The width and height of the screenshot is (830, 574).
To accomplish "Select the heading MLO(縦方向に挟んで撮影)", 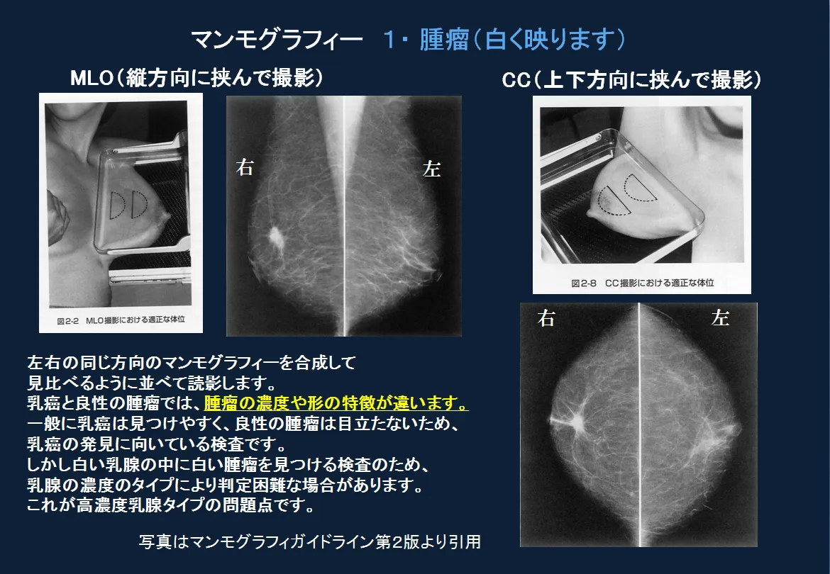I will point(197,79).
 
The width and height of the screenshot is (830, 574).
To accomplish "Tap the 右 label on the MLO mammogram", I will point(245,169).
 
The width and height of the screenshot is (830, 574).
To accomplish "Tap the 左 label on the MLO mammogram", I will point(431,169).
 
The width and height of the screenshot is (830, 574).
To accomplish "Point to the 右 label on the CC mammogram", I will point(546,319).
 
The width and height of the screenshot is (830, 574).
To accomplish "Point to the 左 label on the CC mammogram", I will point(720,319).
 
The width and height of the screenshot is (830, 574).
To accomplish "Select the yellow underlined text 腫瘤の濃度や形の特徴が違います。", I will point(336,404).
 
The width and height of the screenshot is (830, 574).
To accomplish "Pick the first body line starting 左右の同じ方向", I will point(190,363).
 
